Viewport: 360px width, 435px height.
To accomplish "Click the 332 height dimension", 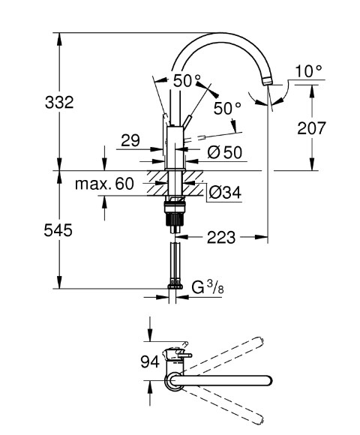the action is pos(59,102).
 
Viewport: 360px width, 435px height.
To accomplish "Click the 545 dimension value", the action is pos(58,230).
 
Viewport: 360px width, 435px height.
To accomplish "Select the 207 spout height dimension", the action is pos(310,128).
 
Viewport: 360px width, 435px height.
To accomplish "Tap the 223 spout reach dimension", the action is pos(221,238).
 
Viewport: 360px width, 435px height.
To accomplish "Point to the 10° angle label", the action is pos(308,71).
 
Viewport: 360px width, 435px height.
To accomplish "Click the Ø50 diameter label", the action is pos(225,152).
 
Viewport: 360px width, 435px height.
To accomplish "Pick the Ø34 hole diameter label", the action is pos(225,192).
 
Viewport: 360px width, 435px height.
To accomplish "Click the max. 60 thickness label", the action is pos(104,184).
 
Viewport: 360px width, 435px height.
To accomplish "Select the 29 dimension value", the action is pos(130,140).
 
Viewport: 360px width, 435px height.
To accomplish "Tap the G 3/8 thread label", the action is pos(208,287).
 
